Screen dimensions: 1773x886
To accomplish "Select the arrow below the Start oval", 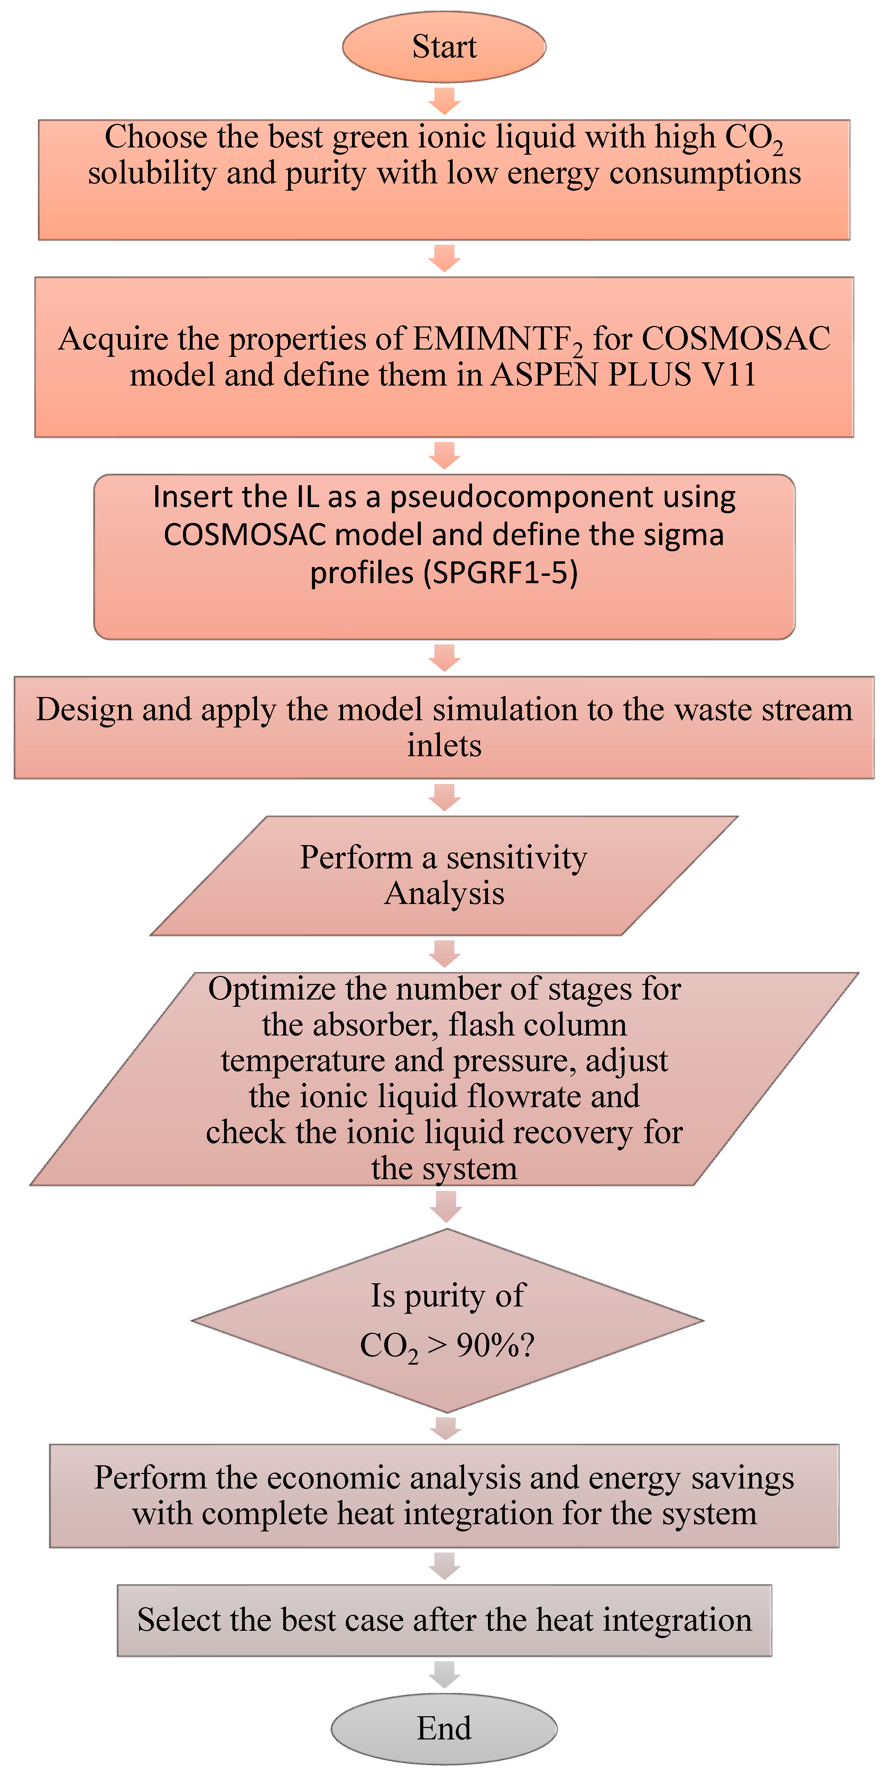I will [444, 100].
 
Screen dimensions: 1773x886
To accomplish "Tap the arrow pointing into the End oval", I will [444, 1674].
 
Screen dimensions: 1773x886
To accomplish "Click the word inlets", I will [444, 745].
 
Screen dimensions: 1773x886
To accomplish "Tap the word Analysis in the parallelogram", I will [444, 893].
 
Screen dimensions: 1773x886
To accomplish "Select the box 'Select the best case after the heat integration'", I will [444, 1620].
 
